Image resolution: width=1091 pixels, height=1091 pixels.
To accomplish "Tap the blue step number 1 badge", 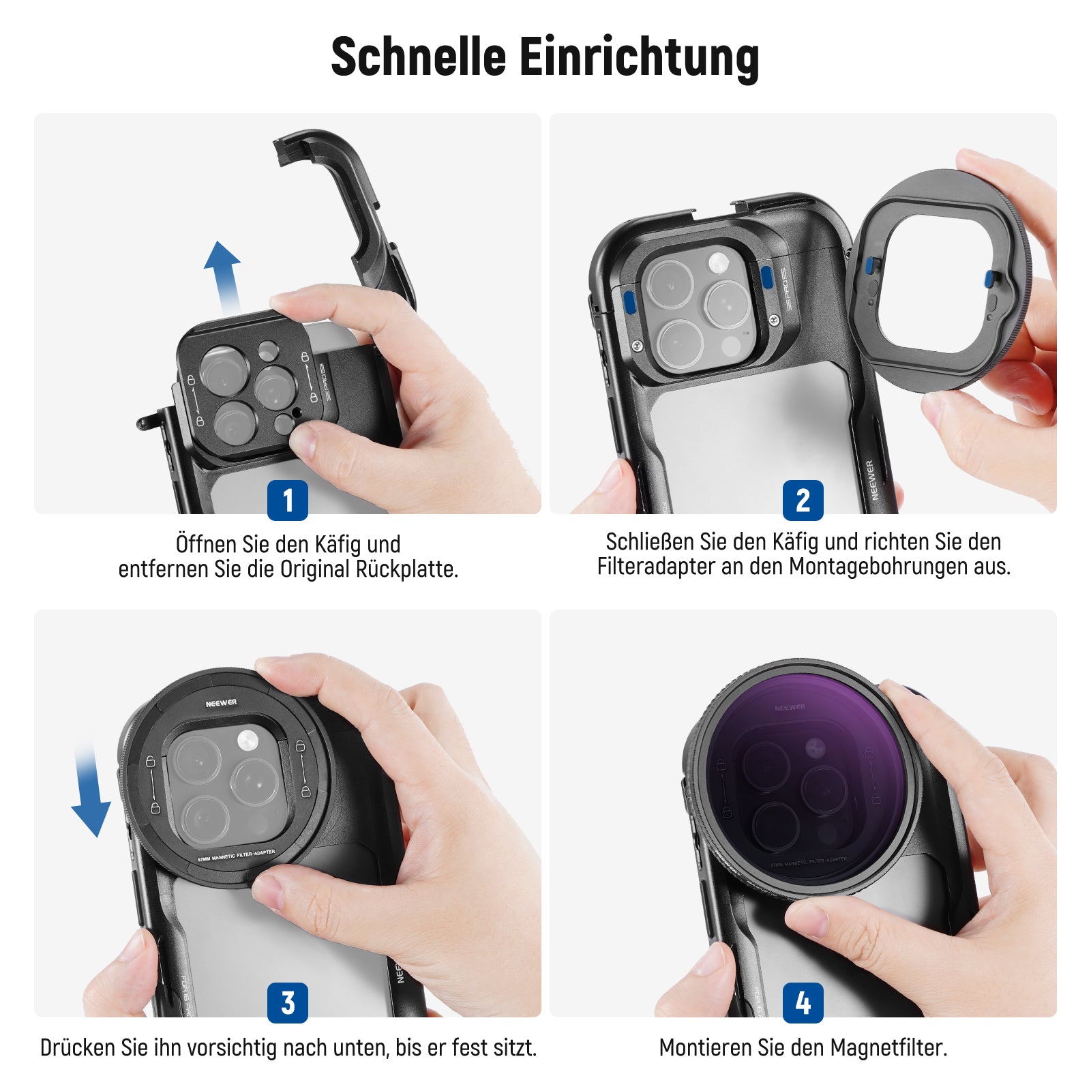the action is (288, 500).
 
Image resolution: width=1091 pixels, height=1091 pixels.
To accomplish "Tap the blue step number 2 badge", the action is (803, 500).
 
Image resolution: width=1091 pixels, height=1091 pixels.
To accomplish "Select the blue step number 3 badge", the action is (288, 1002).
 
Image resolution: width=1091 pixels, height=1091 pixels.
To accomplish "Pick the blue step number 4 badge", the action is (803, 1002).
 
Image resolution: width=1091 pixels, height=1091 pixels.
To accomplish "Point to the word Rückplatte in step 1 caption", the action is (407, 569).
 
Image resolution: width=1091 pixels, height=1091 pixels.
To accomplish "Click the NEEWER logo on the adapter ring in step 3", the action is (222, 702).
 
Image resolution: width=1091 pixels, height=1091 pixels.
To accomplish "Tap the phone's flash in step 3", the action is (248, 740).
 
